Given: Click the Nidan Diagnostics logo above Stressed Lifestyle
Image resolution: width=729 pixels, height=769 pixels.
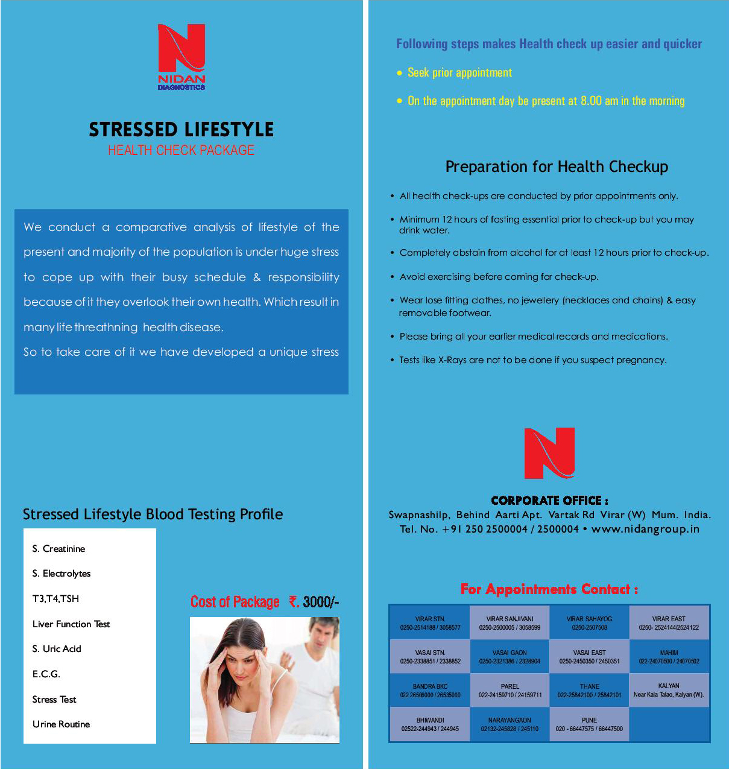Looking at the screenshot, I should coord(181,56).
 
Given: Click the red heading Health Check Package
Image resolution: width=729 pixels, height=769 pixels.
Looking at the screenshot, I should coord(181,150).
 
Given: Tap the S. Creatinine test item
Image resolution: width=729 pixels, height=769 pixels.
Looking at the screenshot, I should coord(58,549).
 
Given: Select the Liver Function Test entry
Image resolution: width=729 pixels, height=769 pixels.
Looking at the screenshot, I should coord(71,624).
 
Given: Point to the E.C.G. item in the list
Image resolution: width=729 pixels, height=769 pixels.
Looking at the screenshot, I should coord(46,674).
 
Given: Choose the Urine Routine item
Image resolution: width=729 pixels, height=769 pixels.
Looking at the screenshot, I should coord(61,724).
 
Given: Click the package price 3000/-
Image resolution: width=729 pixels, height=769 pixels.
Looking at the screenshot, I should coord(320,602).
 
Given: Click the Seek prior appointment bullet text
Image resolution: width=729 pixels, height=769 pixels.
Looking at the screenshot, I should coord(459,73).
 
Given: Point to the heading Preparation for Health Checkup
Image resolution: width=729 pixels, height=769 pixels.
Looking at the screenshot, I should coord(557,166).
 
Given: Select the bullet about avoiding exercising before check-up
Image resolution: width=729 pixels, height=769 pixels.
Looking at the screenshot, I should coord(499,277).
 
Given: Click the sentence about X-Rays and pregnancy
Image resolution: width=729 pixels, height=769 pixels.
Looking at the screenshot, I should coord(532,360).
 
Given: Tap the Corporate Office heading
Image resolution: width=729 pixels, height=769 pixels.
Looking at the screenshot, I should coord(549,501).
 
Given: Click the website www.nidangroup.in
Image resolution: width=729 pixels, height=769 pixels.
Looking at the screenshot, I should coord(645,529).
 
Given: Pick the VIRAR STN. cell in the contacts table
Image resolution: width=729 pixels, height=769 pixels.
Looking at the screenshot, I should coord(430,623).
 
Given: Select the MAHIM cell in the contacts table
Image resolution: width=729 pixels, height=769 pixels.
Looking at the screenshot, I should coord(669,657).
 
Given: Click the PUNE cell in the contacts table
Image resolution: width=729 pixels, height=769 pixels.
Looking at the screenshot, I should coord(589,724).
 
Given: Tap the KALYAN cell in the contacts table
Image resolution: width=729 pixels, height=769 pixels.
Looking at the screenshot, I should coord(669,691).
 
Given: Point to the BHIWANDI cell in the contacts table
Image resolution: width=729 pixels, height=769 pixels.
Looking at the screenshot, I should coord(430,724).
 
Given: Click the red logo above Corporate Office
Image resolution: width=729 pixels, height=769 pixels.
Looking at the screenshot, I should coord(549,453).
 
